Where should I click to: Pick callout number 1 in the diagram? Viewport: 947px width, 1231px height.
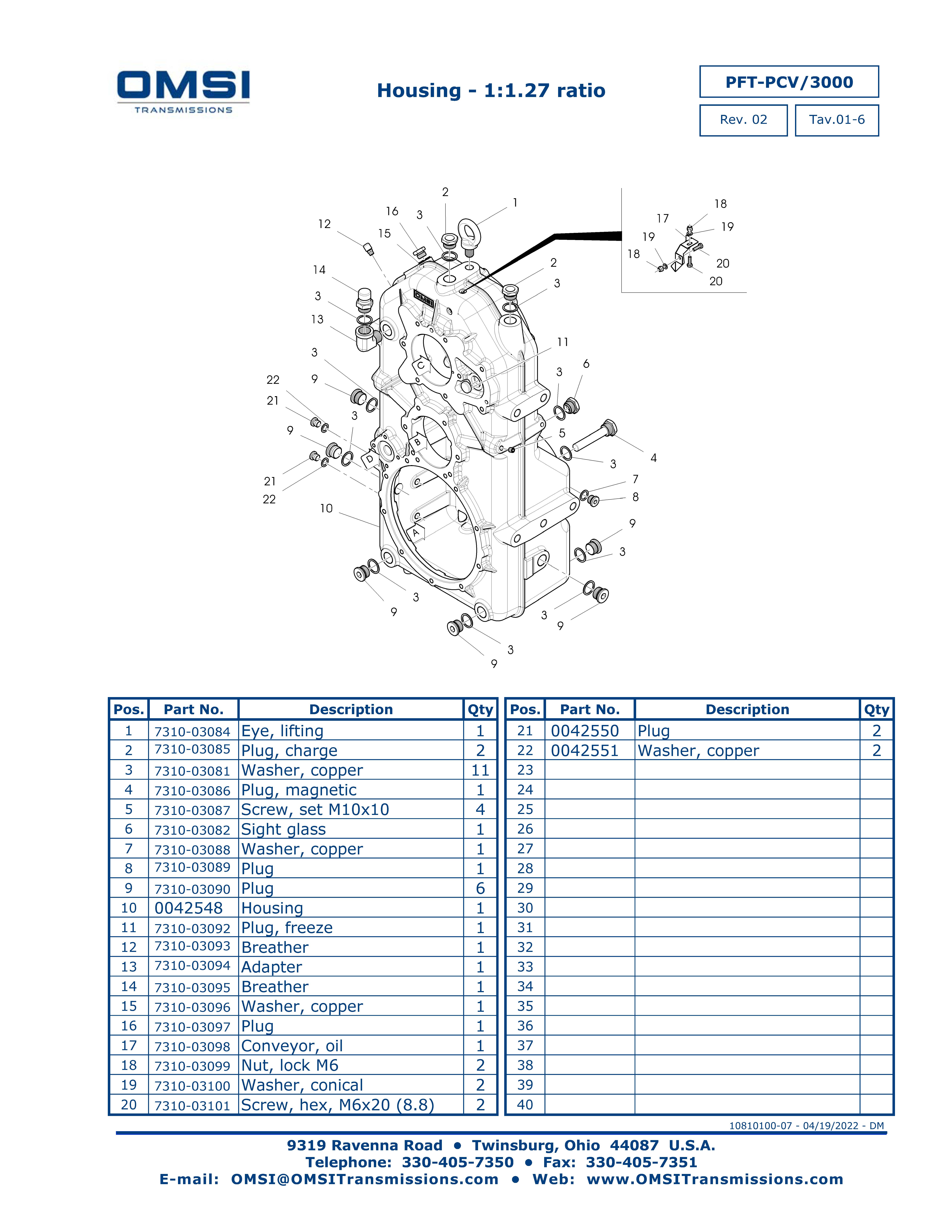[515, 202]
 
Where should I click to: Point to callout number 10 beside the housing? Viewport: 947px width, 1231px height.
[326, 508]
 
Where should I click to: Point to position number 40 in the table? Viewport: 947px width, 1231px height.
[525, 1105]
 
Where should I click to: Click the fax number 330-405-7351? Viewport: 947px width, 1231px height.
[641, 1162]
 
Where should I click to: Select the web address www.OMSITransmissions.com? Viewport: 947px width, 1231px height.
[715, 1180]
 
